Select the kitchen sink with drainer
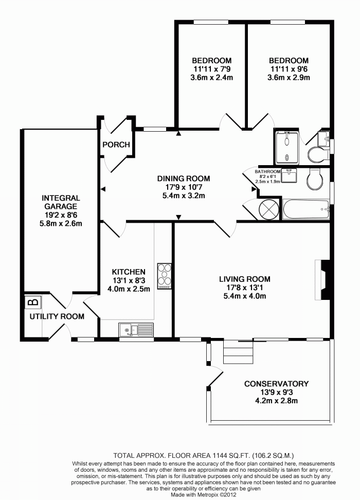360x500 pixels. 136,328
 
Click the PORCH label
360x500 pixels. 116,145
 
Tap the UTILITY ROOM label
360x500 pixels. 57,316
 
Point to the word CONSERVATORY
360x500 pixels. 276,383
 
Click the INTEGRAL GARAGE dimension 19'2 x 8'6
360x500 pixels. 61,215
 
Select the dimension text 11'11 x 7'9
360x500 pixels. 212,69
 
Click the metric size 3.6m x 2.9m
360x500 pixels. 289,78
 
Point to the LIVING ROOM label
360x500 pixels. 244,279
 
